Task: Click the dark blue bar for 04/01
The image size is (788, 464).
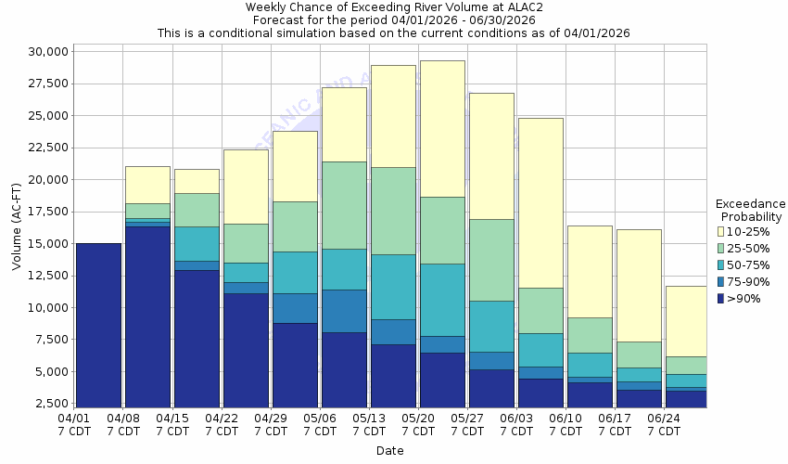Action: pyautogui.click(x=98, y=325)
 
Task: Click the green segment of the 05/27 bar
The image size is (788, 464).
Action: pyautogui.click(x=491, y=260)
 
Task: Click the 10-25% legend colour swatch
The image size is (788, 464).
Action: pyautogui.click(x=721, y=231)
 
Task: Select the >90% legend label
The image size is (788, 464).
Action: pyautogui.click(x=744, y=298)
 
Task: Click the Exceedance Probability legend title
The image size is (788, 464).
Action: pyautogui.click(x=751, y=210)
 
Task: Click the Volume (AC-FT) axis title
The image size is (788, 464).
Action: pyautogui.click(x=16, y=228)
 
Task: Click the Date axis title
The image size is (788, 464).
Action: pyautogui.click(x=389, y=451)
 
